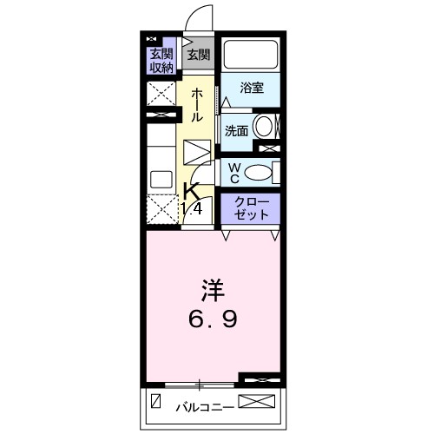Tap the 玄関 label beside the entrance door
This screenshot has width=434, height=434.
pos(198,55)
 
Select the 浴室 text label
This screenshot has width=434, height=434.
pos(251,89)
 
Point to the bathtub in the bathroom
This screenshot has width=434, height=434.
pos(250,56)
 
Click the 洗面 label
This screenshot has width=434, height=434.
pos(236,131)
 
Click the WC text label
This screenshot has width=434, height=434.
pos(233,171)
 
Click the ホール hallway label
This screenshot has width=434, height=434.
pos(197,104)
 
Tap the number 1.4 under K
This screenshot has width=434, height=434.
pos(194,208)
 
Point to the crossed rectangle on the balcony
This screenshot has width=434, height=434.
pos(257,403)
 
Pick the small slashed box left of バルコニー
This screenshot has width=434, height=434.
pos(156,403)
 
